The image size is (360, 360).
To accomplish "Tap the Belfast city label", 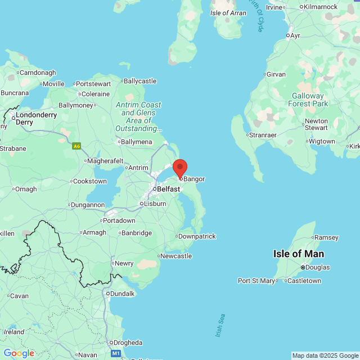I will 168,190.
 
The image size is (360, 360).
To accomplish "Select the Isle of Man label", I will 298,254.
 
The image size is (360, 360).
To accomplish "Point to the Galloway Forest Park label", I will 308,100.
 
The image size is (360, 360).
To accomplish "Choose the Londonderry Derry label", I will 36,118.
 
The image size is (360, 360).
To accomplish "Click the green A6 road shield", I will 76,146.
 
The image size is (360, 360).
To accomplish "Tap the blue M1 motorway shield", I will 116,353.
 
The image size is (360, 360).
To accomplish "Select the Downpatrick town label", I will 196,236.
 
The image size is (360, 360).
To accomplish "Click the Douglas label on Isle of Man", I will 318,267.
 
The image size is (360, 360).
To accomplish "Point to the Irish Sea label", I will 219,326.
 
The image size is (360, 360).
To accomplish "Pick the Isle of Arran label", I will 228,13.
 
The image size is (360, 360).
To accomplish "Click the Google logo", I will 19,353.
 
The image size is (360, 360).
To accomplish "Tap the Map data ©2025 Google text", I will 325,355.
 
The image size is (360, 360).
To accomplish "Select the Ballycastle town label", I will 139,81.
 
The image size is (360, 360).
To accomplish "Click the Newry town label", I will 124,263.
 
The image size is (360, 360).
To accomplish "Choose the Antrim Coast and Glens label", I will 138,117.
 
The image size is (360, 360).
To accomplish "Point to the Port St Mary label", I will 256,281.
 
